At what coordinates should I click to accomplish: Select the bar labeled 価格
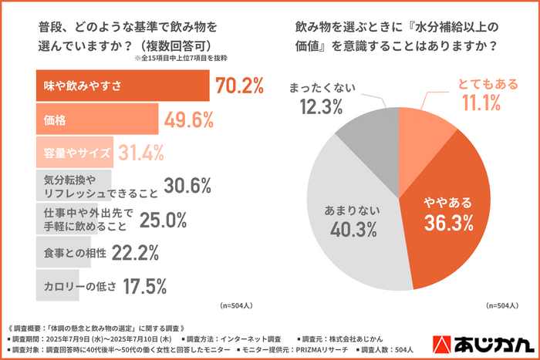pyautogui.click(x=96, y=120)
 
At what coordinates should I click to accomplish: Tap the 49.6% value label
pyautogui.click(x=189, y=119)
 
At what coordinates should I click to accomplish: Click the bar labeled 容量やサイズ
pyautogui.click(x=75, y=153)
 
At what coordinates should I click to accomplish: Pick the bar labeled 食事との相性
pyautogui.click(x=69, y=252)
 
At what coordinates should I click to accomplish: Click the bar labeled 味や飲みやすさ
pyautogui.click(x=122, y=86)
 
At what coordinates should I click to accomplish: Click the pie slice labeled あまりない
pyautogui.click(x=355, y=224)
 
